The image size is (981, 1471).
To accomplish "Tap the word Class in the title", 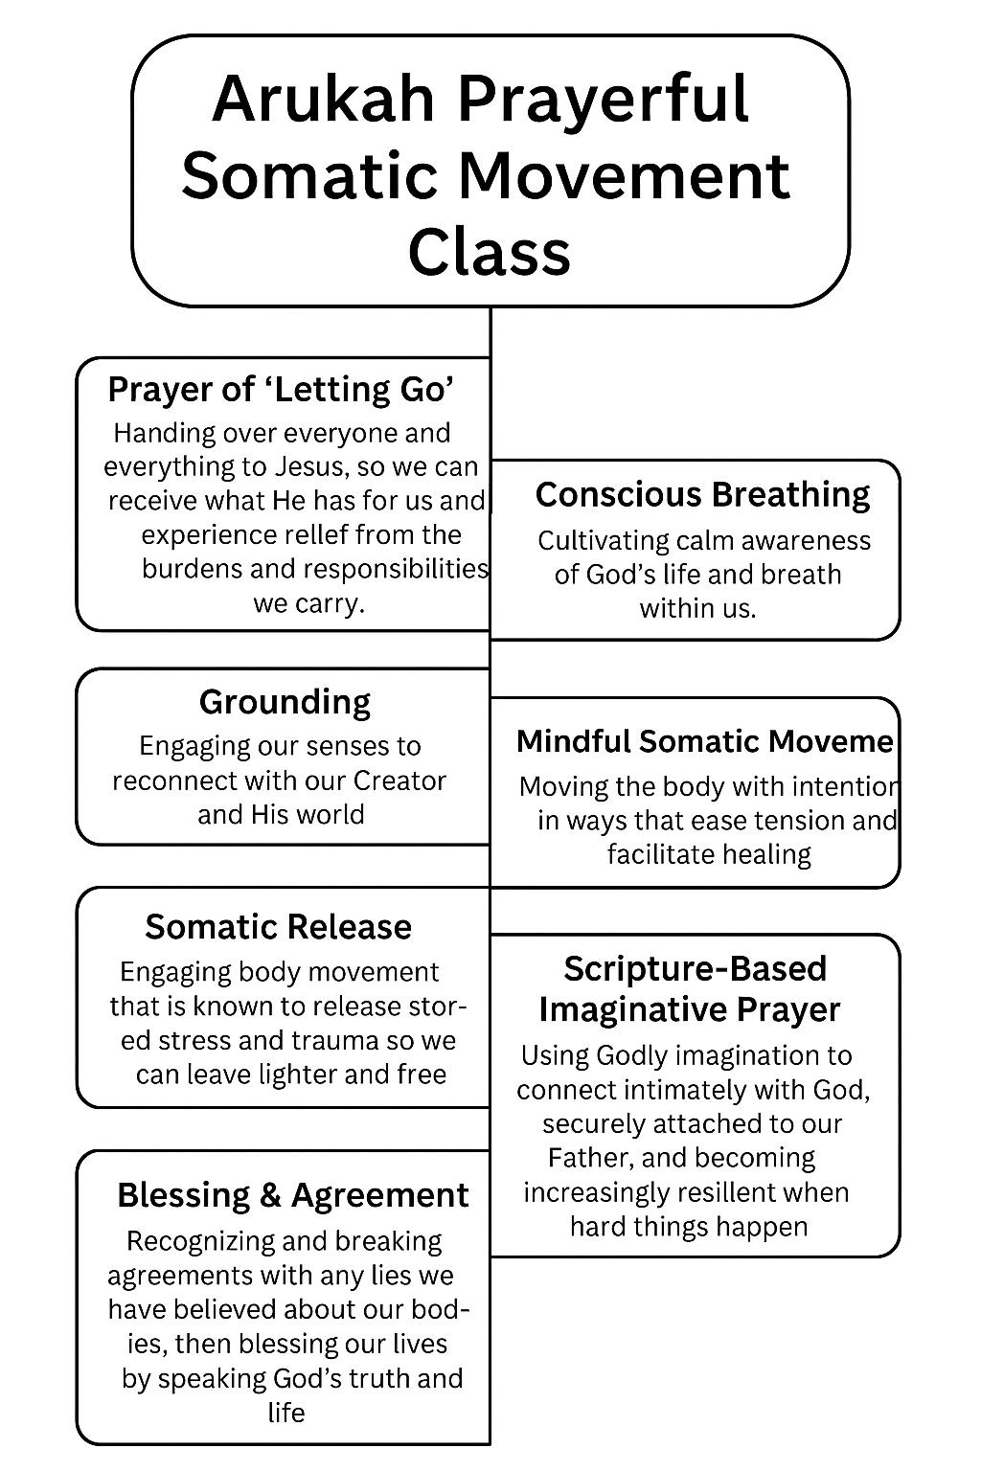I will (x=490, y=252).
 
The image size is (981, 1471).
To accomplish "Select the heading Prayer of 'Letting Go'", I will (x=281, y=390).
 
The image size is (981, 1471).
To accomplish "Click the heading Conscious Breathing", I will (x=702, y=494).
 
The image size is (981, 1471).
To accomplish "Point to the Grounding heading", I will (x=285, y=702).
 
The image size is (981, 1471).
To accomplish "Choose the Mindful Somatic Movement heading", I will (x=704, y=741).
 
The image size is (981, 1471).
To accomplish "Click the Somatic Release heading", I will (x=278, y=927).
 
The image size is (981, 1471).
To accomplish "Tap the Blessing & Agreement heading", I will (x=292, y=1195).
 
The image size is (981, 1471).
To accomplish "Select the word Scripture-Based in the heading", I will (x=695, y=968).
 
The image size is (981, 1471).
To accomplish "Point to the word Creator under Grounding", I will (x=399, y=781).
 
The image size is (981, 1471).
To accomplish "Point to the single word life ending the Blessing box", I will (x=286, y=1413).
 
